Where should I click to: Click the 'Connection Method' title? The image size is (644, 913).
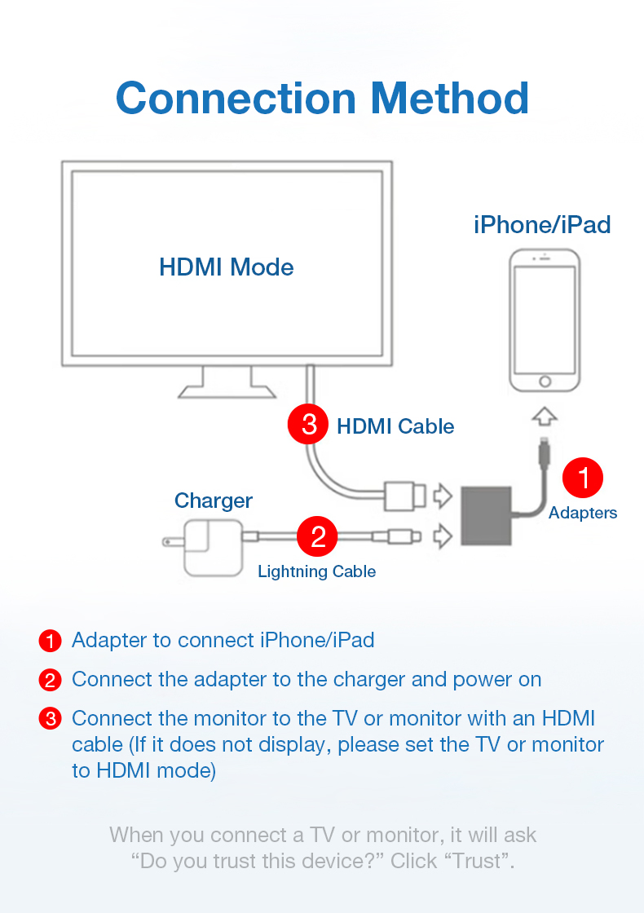coord(322,98)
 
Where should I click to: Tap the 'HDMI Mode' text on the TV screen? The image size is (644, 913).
coord(227,267)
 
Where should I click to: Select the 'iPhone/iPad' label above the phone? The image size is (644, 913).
coord(542,224)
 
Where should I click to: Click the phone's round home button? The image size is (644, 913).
coord(545,381)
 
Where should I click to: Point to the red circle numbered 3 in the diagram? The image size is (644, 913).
coord(309,425)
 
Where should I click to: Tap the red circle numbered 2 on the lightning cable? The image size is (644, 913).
coord(318,536)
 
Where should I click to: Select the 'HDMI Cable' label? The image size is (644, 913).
coord(395,426)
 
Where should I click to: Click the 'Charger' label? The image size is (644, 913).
coord(214,501)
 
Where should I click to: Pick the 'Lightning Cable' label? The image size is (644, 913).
coord(316,571)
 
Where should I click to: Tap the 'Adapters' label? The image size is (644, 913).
coord(583,513)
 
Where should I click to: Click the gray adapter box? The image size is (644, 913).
coord(487,516)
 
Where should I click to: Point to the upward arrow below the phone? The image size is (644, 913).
coord(545,417)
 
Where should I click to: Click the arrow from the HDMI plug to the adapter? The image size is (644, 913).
coord(442,495)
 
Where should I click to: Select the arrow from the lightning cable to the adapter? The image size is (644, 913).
coord(442,536)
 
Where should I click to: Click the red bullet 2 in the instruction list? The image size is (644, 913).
coord(51,680)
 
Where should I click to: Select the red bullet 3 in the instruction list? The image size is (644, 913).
coord(51,719)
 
